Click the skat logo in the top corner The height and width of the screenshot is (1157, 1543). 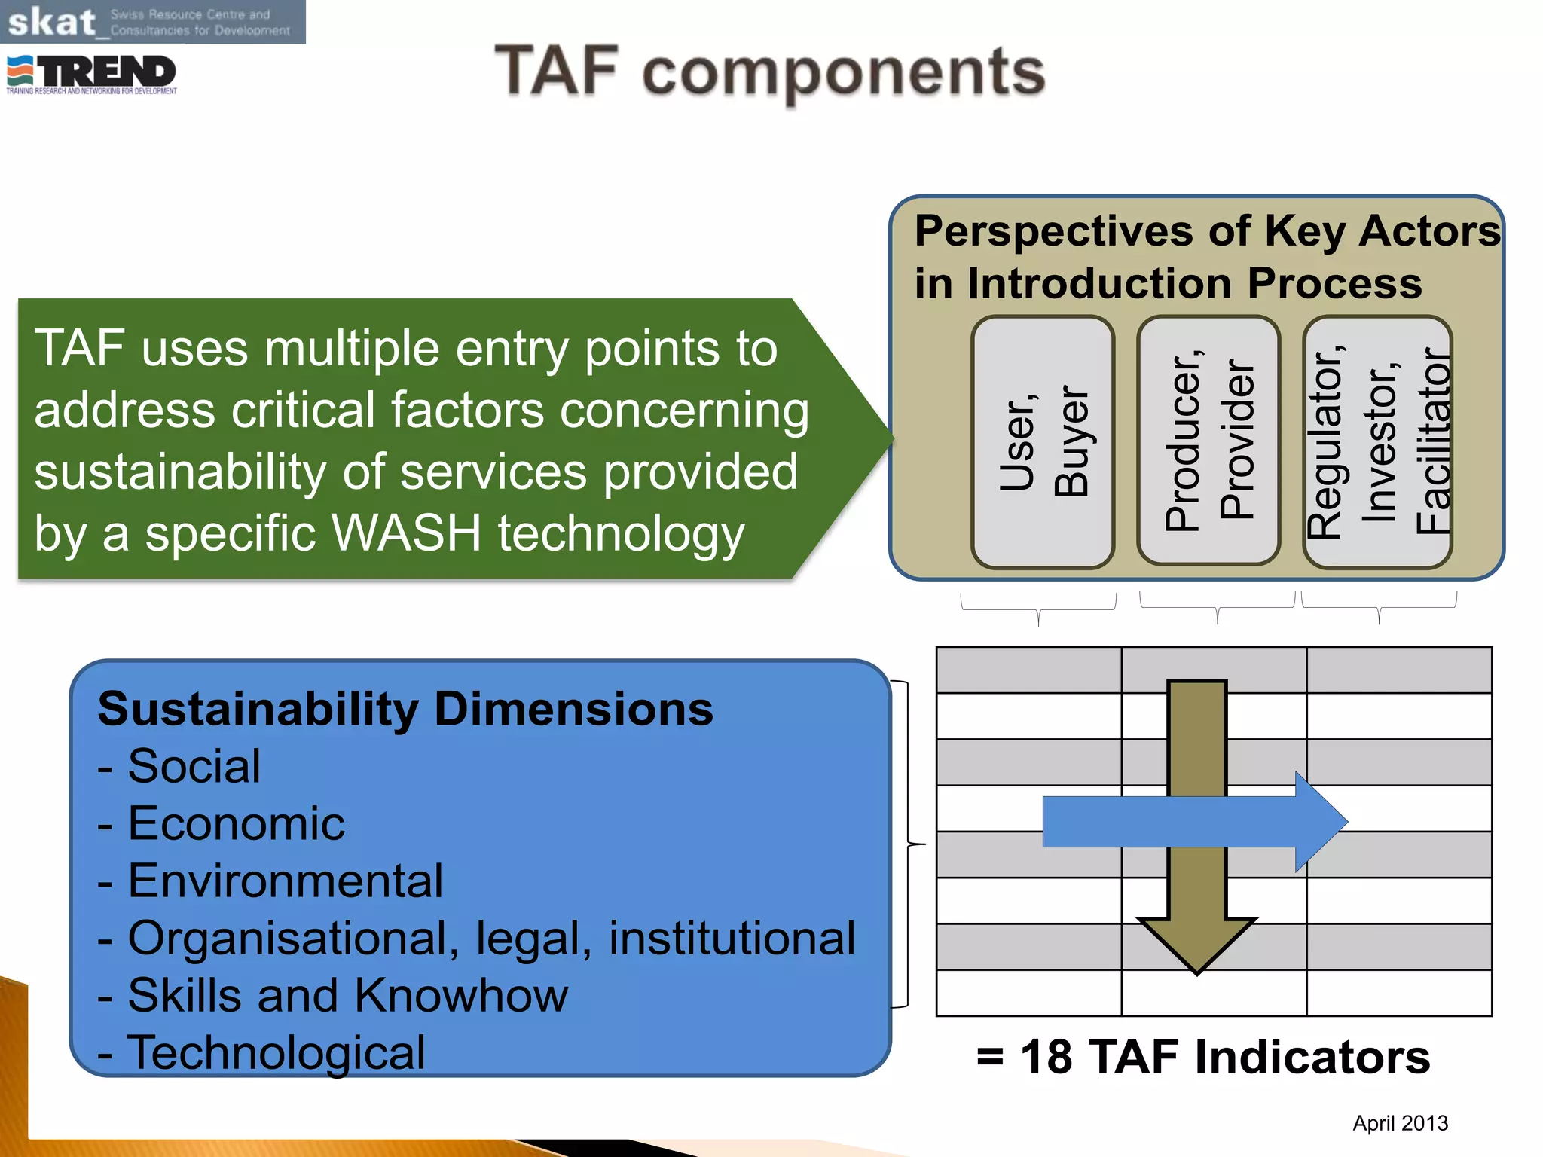[x=51, y=22]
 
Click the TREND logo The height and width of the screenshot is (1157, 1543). [x=92, y=74]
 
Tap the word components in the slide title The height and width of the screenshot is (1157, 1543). [x=843, y=73]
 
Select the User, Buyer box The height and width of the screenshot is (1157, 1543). [x=1043, y=441]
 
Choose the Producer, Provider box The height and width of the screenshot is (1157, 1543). [x=1208, y=441]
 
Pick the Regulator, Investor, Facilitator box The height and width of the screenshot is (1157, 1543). [x=1377, y=441]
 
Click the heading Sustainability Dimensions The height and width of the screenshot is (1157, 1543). [x=405, y=709]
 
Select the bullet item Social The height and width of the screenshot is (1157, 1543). [x=194, y=766]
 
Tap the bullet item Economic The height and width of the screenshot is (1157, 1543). [x=236, y=823]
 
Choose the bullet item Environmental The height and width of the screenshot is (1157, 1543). [x=285, y=881]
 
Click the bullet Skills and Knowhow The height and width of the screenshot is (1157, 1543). [x=347, y=995]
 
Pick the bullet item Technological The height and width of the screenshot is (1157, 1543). [x=276, y=1052]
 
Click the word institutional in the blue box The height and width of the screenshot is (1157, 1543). [x=732, y=938]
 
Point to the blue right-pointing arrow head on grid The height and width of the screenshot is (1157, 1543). [x=1320, y=822]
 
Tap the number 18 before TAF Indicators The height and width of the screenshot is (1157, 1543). [x=1046, y=1056]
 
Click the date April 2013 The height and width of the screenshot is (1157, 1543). [x=1400, y=1123]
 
